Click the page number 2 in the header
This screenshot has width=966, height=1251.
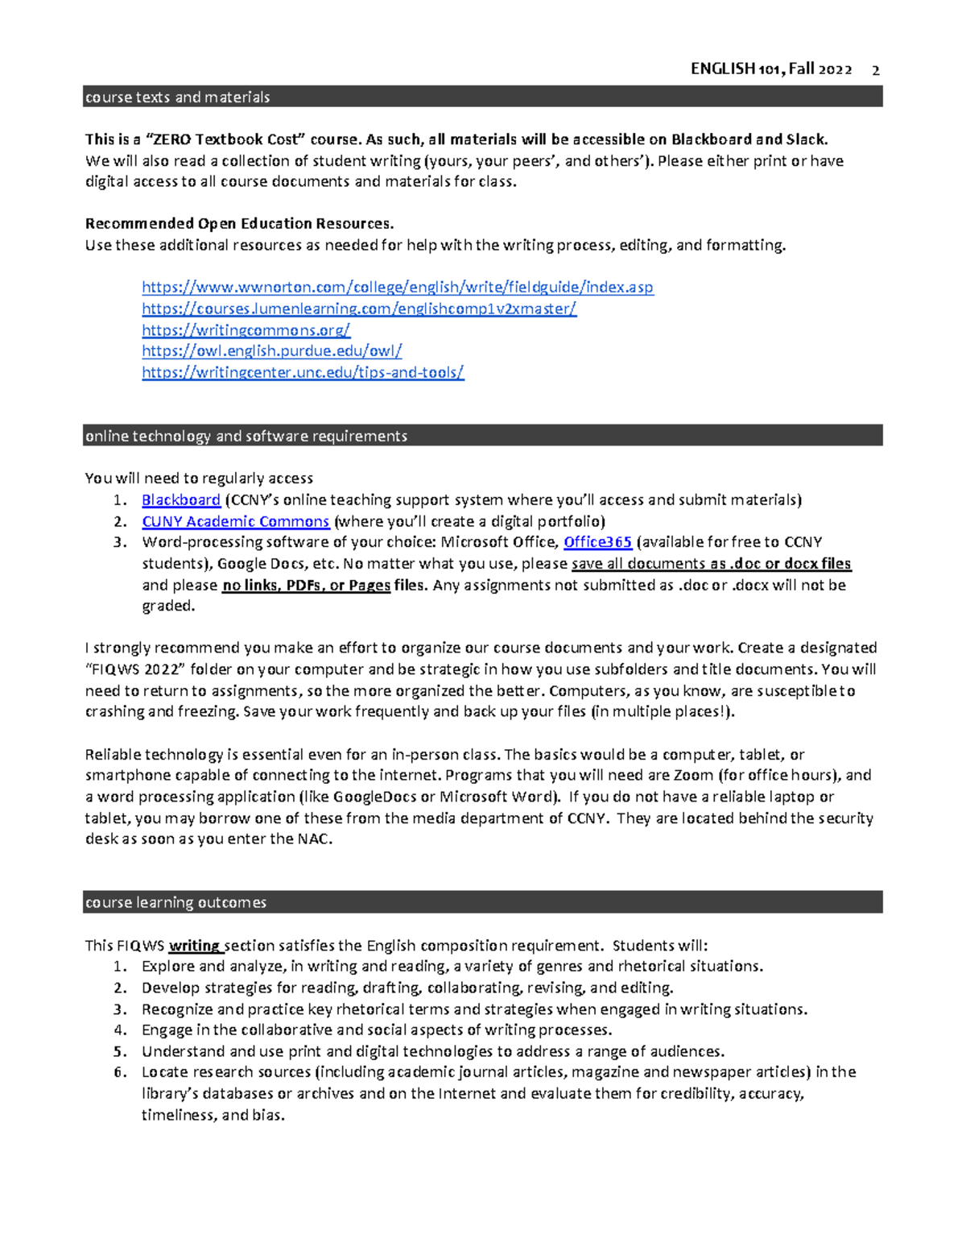click(876, 70)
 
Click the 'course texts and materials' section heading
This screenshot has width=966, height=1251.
click(178, 97)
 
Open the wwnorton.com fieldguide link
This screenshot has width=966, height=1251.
click(397, 288)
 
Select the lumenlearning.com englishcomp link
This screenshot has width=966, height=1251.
click(359, 309)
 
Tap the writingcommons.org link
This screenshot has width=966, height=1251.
click(246, 330)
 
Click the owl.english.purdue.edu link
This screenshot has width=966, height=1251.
click(271, 351)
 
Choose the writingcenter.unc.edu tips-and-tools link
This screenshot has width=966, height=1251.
click(303, 372)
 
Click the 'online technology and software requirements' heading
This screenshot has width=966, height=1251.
click(246, 436)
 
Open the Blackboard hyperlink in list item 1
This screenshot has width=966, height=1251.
click(181, 500)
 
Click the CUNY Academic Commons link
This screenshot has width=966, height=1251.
click(235, 522)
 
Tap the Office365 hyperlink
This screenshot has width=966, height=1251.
click(597, 542)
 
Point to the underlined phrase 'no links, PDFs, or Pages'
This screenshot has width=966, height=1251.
click(306, 586)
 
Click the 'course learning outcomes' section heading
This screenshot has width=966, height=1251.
click(175, 902)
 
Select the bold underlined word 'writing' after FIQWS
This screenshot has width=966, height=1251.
click(194, 946)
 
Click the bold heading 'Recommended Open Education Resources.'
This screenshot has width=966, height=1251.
click(239, 224)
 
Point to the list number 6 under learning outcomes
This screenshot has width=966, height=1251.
click(120, 1072)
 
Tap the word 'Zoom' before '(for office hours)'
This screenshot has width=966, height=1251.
click(693, 775)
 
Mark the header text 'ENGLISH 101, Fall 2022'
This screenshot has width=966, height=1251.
click(770, 69)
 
